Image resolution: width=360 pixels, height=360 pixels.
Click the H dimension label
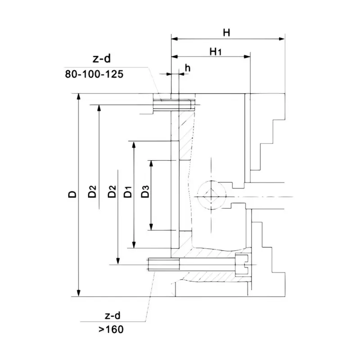click(227, 32)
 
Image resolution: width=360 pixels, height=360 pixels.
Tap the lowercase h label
click(188, 68)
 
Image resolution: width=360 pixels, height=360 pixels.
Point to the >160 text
click(110, 329)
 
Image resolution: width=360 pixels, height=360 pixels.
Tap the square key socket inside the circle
click(210, 195)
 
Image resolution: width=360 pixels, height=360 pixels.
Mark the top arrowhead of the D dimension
click(79, 97)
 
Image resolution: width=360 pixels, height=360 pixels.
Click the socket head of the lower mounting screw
click(243, 264)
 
